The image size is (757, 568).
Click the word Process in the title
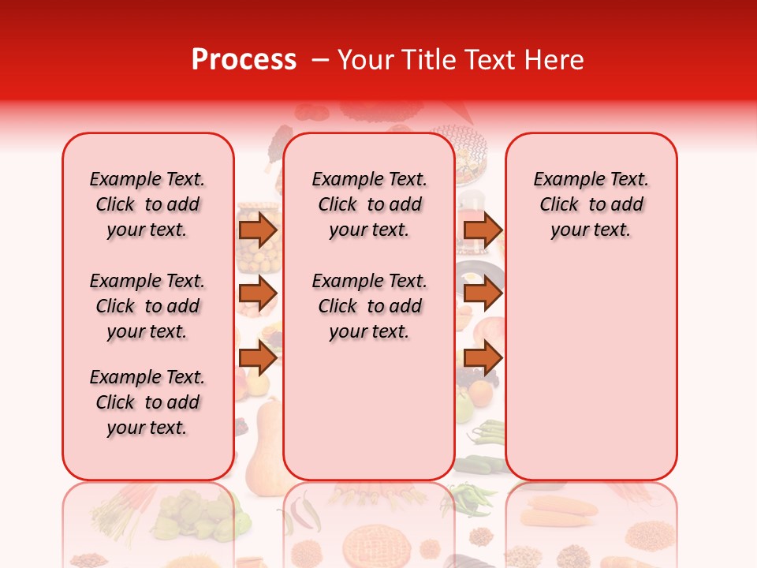coord(244,60)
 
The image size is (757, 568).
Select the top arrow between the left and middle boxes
coord(258,230)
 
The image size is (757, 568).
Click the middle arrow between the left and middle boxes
coord(258,293)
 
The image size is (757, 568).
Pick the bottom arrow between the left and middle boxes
coord(258,358)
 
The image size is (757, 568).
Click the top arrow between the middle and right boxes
coord(483,230)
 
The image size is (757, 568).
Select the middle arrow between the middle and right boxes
coord(483,293)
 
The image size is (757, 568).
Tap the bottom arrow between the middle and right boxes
coord(483,358)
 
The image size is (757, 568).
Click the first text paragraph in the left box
coord(147,204)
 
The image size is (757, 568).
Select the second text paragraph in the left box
coord(147,306)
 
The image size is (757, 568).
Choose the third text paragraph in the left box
coord(147,402)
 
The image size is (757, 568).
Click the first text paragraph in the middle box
coord(369,204)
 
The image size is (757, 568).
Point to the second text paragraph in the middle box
coord(369,306)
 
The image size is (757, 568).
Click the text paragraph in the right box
coord(591,204)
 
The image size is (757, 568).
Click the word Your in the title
coord(365,60)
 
